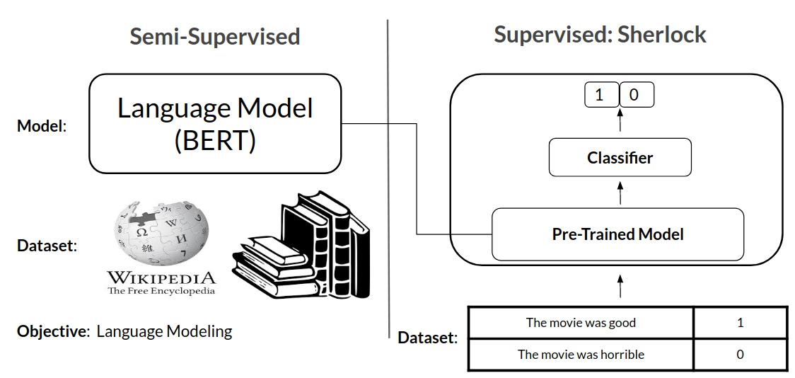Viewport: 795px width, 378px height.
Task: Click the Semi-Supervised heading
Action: [215, 37]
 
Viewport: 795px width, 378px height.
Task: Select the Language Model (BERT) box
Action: [215, 124]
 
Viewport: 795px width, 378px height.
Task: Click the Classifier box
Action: [620, 157]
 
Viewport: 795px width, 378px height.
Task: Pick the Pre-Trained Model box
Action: [617, 234]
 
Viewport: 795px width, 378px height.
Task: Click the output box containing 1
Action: [602, 95]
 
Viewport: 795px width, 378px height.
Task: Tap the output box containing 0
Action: [637, 95]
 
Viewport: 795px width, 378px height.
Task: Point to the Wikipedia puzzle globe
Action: [161, 234]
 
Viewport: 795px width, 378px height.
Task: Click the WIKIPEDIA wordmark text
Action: [161, 277]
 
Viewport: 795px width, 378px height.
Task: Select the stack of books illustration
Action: [301, 244]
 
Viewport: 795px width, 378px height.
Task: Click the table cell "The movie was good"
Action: [581, 323]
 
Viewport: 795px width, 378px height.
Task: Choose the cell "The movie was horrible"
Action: [581, 354]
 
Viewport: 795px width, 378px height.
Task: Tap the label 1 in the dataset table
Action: [741, 323]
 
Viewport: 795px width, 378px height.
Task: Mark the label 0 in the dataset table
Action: [741, 354]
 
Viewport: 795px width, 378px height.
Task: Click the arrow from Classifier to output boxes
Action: [620, 120]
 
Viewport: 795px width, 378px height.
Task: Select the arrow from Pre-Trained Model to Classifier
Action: [620, 193]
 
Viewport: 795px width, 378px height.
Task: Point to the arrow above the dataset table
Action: [620, 286]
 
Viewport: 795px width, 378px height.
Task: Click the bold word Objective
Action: [51, 332]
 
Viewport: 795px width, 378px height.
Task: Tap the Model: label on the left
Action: [42, 126]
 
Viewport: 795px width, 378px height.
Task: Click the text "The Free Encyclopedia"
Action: [161, 291]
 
